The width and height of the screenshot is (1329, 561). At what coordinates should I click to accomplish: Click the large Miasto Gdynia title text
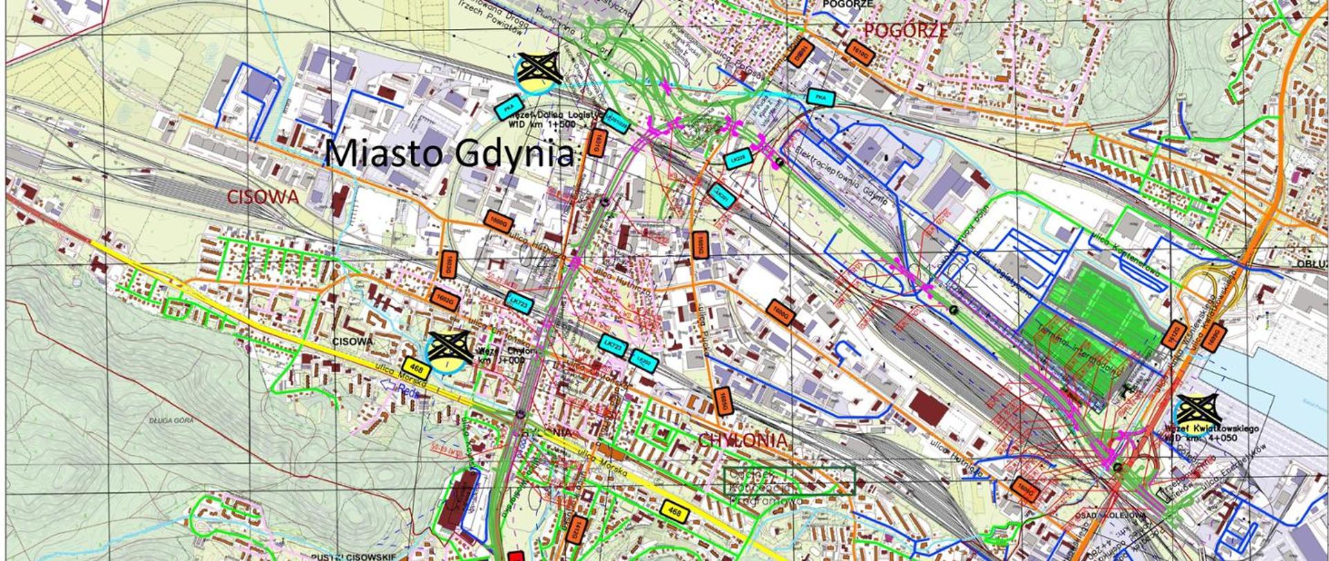coord(450,154)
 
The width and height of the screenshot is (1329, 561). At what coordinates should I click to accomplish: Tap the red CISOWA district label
coord(264,197)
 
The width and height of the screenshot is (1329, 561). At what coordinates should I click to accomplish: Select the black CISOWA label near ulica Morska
coord(352,341)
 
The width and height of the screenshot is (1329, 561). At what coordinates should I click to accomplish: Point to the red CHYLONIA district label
coord(743,440)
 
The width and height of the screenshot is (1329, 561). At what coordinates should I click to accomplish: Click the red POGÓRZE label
coord(905,30)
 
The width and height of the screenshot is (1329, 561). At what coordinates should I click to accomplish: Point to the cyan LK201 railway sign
coord(721,196)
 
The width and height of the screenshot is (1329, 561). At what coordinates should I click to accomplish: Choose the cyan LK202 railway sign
coord(642,360)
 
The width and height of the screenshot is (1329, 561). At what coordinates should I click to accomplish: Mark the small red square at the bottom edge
coord(515,556)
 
